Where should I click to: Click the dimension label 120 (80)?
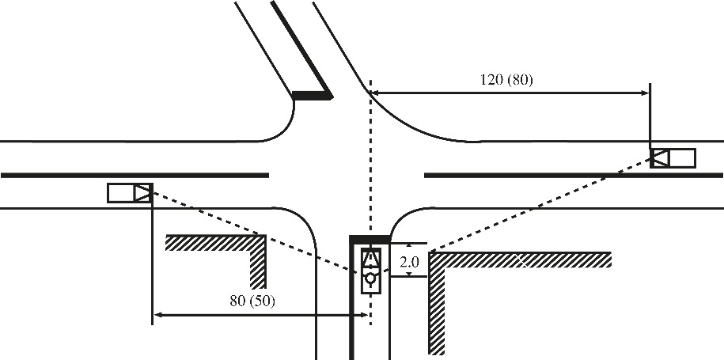coord(506,80)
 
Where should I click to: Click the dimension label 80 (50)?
coord(252,301)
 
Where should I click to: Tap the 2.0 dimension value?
coord(409,262)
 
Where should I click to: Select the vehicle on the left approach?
coord(130,192)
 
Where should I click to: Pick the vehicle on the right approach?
coord(673,158)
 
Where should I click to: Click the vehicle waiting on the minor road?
coord(371,271)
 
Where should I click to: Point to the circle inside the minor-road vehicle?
coord(370,279)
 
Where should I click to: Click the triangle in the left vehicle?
coord(142,192)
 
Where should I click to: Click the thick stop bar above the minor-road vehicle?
coord(370,239)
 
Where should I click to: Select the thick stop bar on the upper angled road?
coord(312,96)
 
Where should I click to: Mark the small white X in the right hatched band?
coord(523,261)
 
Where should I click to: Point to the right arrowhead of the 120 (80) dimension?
coord(645,93)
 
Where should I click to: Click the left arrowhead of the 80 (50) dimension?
coord(158,315)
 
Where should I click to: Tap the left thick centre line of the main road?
coord(135,176)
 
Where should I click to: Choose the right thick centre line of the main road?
coord(574,176)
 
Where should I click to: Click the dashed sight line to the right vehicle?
coord(540,205)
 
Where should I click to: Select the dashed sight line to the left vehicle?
coord(254,232)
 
